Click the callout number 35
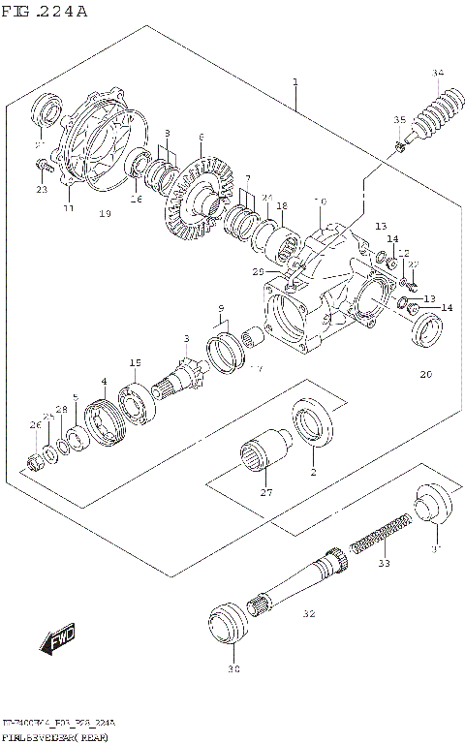tap(398, 119)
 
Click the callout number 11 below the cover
tap(68, 207)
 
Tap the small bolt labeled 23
tap(43, 167)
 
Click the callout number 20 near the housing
tap(424, 374)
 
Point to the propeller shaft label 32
tap(309, 613)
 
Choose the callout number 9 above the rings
tap(222, 309)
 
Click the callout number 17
tap(256, 367)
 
